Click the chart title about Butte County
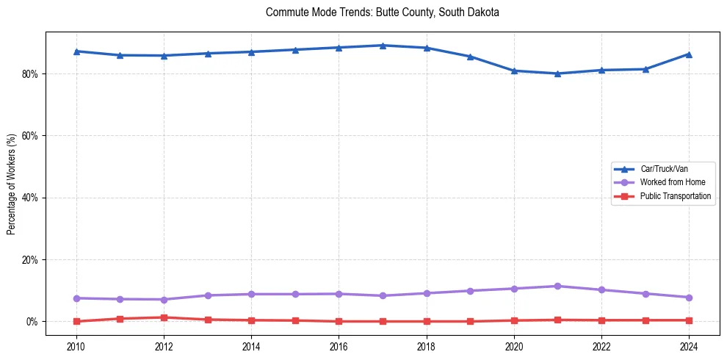(383, 12)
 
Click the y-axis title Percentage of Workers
(11, 184)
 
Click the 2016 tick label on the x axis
(339, 345)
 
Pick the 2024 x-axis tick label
(689, 345)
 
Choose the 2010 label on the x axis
(76, 345)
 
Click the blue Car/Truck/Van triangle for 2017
(383, 46)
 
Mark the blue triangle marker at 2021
(557, 73)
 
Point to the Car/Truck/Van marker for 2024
(689, 54)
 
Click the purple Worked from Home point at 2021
(557, 286)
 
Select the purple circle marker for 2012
(164, 299)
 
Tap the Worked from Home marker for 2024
(689, 298)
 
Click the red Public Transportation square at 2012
(164, 317)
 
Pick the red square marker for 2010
(76, 321)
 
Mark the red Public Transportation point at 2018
(427, 321)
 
